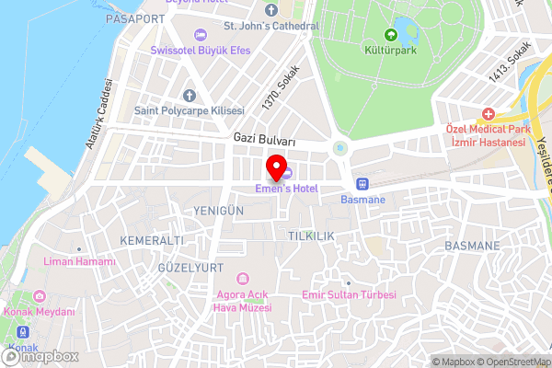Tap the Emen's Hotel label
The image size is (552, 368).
coord(286,189)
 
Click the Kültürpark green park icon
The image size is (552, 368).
coord(390,35)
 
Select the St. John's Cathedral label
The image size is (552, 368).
coord(276,26)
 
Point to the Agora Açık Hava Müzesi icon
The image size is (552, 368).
coord(243,278)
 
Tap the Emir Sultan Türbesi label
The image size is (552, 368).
coord(349,294)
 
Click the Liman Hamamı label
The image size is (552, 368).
coord(79,261)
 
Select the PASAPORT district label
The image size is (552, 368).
coord(134,18)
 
